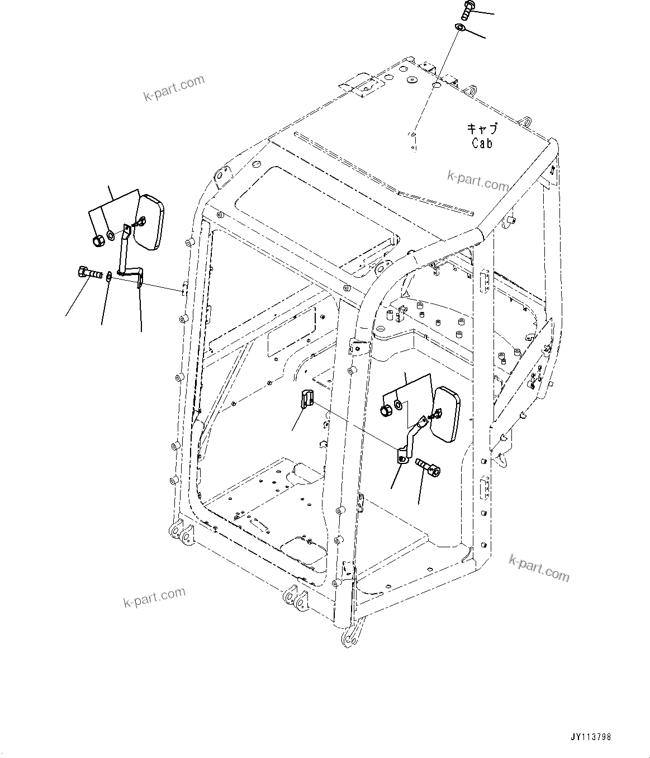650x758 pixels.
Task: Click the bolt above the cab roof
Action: coord(468,10)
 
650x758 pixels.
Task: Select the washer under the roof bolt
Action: coord(460,27)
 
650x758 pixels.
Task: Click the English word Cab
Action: coord(482,143)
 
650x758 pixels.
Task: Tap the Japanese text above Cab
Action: coord(482,129)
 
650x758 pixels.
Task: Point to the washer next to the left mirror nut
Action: coord(111,233)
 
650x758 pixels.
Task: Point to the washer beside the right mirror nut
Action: coord(397,403)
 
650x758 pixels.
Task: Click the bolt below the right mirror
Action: coord(428,467)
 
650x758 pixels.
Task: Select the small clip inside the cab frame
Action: coord(306,399)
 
